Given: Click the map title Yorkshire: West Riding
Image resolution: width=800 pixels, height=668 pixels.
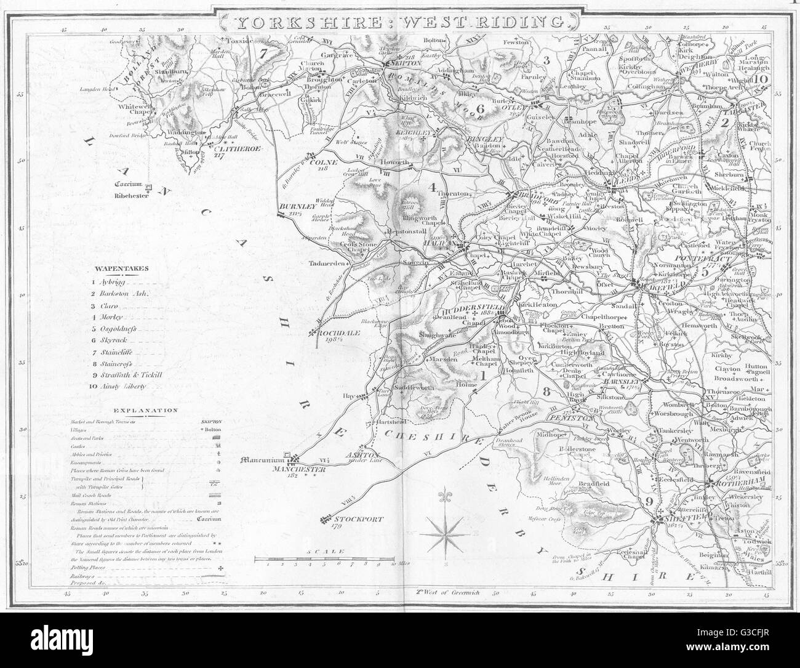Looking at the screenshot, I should click(400, 22).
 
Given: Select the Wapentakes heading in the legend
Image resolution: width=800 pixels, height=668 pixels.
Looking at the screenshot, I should click(116, 268).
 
